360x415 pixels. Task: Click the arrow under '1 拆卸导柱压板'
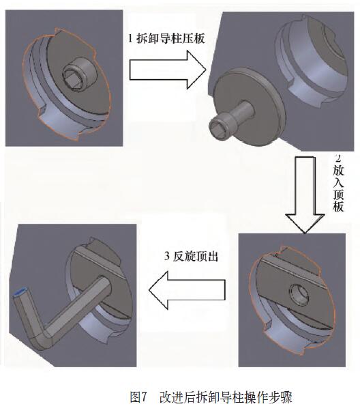click(x=168, y=70)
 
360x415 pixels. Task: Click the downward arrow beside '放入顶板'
click(x=305, y=195)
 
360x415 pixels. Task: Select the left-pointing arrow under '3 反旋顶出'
click(x=187, y=290)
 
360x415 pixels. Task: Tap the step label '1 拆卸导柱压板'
click(x=166, y=38)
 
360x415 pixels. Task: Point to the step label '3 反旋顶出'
click(x=191, y=256)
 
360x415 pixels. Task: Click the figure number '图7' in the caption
click(x=138, y=397)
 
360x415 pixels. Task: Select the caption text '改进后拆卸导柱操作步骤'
click(x=226, y=397)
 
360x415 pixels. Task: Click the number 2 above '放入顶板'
click(x=338, y=160)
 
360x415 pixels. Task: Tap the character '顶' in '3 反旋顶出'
click(x=200, y=256)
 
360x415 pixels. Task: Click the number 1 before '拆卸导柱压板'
click(x=130, y=38)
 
